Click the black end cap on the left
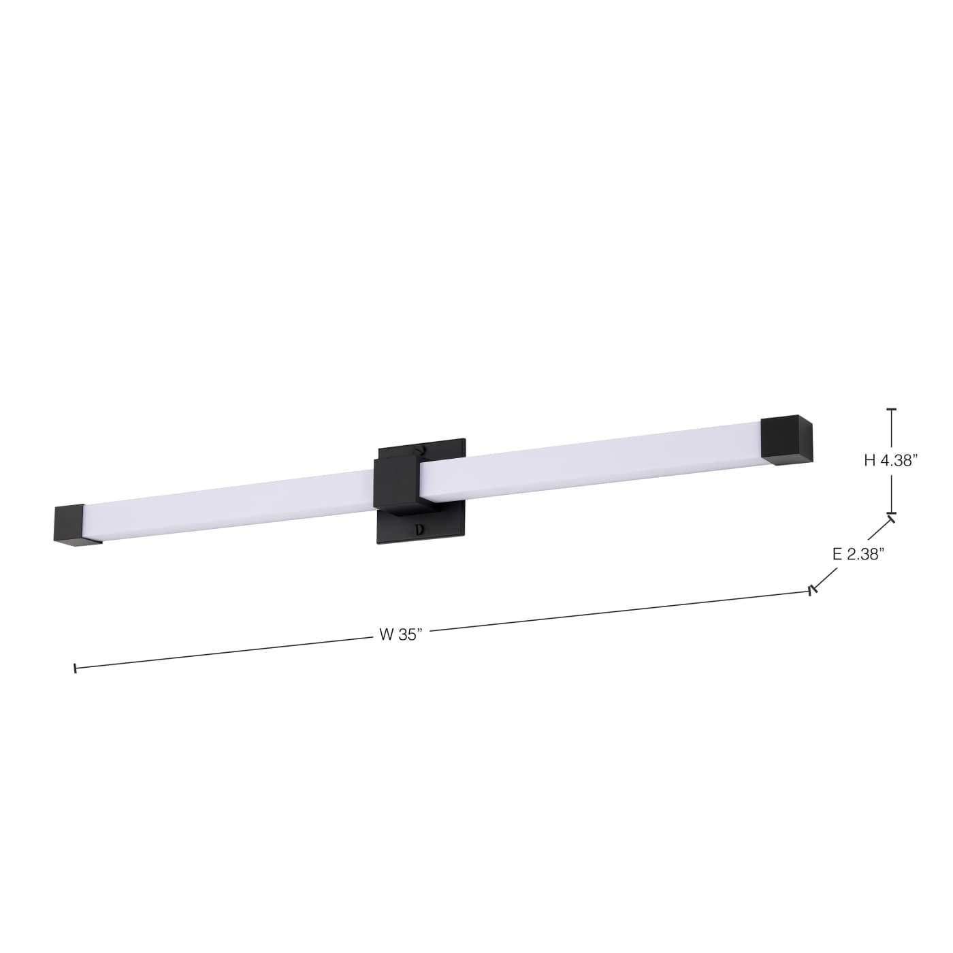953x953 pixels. click(x=69, y=525)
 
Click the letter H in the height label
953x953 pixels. click(x=869, y=461)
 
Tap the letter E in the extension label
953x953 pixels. click(x=837, y=554)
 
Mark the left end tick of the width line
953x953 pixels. click(x=75, y=668)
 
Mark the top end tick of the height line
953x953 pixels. click(x=891, y=410)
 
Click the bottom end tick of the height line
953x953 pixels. click(x=891, y=513)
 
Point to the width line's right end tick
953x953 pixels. click(x=810, y=591)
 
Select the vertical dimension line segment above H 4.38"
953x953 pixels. click(x=891, y=429)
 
